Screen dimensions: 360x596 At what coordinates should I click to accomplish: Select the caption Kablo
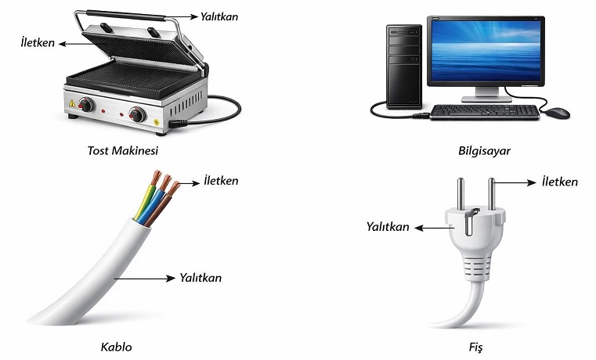115,346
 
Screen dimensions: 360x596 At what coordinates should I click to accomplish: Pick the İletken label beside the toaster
38,43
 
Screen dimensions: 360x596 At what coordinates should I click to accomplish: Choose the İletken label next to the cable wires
220,181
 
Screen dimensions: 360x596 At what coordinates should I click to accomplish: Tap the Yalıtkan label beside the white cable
200,278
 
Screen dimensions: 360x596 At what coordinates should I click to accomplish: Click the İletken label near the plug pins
559,182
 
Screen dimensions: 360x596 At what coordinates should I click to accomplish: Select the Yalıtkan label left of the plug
388,227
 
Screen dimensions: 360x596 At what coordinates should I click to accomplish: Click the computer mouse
558,113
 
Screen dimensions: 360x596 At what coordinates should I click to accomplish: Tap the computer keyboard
485,111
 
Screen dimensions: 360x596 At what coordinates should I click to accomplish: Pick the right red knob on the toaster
138,115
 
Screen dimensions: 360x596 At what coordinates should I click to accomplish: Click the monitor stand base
486,98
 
